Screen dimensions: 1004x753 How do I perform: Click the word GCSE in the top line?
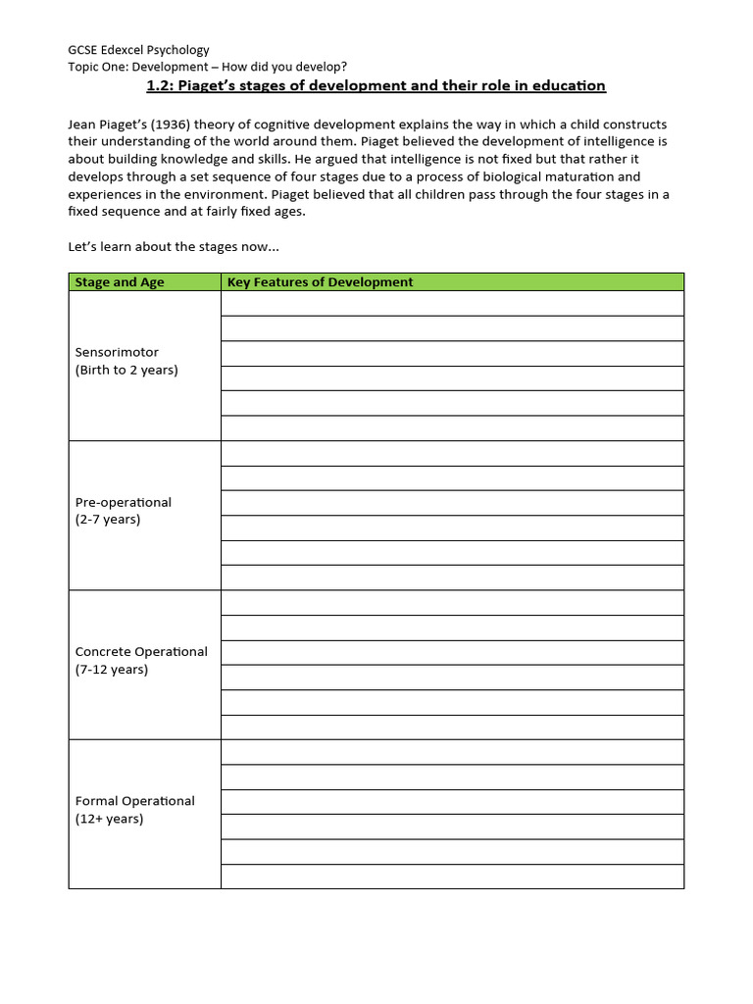(83, 50)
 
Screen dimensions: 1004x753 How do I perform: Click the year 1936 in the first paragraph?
(172, 125)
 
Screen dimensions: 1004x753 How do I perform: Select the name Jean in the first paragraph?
(82, 125)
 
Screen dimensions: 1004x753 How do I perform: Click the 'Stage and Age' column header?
(120, 282)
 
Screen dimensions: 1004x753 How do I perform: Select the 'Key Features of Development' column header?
(320, 282)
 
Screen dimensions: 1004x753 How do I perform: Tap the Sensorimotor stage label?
(117, 352)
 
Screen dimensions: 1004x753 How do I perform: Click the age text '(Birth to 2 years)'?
(126, 371)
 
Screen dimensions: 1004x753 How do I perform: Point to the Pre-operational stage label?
(123, 502)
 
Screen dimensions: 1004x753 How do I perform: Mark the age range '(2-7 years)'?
(107, 520)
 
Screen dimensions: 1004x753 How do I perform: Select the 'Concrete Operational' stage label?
(141, 651)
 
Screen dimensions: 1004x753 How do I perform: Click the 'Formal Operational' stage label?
(134, 801)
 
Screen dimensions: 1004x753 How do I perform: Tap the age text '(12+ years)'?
(109, 819)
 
